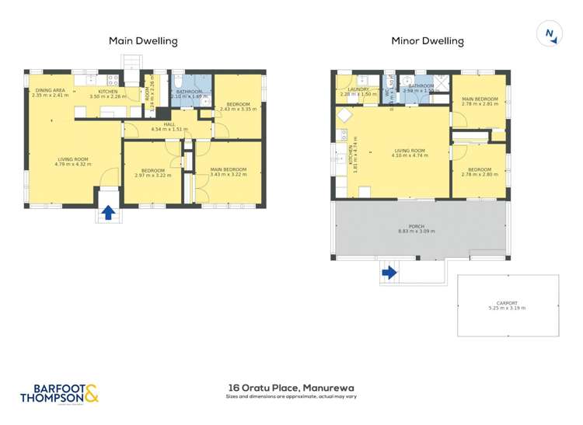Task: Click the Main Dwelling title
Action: [x=143, y=41]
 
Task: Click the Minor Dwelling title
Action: [x=428, y=41]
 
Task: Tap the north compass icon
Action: [x=550, y=33]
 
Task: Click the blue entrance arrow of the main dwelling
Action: [x=108, y=211]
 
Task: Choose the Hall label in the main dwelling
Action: [x=165, y=127]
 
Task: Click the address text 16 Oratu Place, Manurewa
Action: [x=291, y=386]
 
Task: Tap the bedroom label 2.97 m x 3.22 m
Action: [x=152, y=172]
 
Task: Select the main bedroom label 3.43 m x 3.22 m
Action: [x=228, y=172]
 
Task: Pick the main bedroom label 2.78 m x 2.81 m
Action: [x=480, y=102]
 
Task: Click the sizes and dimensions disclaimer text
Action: [x=291, y=396]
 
